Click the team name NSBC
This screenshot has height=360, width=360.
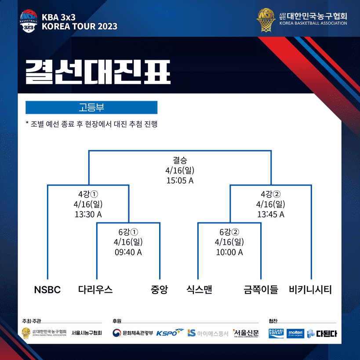(x=47, y=290)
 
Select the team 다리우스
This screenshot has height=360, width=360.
(x=95, y=290)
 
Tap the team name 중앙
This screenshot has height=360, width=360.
(x=159, y=290)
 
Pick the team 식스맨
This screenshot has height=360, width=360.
(x=199, y=290)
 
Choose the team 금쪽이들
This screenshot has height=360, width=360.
(x=261, y=290)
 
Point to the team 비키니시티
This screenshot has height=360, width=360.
(x=310, y=290)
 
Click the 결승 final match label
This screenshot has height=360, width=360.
(x=180, y=160)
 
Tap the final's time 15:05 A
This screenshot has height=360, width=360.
(x=180, y=180)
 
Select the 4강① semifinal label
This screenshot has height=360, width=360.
(x=88, y=194)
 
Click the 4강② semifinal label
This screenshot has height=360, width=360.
(x=271, y=194)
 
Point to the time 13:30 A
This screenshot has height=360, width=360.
(x=88, y=214)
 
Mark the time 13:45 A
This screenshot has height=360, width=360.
(x=271, y=214)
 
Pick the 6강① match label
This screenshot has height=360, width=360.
(x=128, y=232)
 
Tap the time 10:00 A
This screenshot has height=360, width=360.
(x=229, y=252)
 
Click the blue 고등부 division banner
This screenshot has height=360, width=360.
(x=91, y=107)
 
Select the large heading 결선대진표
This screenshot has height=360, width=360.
(x=97, y=72)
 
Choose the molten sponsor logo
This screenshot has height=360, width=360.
(x=295, y=333)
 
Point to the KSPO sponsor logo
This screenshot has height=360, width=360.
(x=170, y=333)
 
